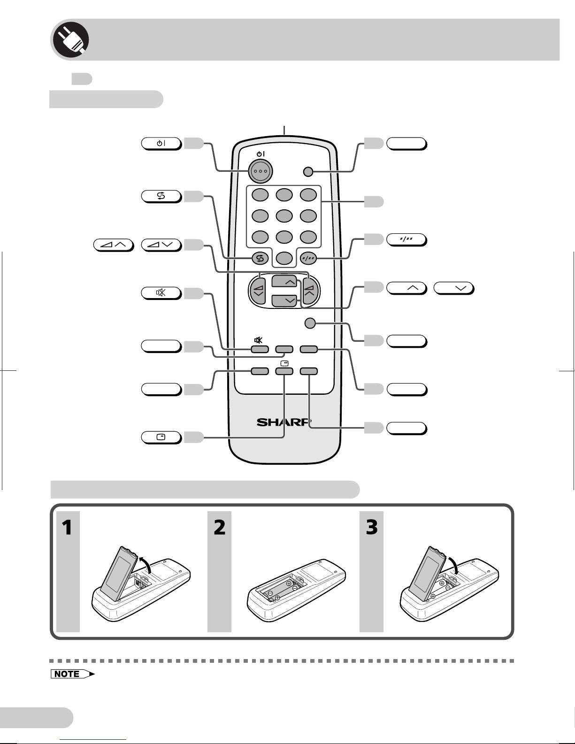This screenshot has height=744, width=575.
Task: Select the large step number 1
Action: (x=68, y=528)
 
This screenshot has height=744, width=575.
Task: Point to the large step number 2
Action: (x=220, y=528)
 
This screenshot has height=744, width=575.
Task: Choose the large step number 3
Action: (x=372, y=528)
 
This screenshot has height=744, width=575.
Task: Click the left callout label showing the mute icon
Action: (x=161, y=293)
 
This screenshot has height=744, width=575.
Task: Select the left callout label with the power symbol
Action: (x=161, y=144)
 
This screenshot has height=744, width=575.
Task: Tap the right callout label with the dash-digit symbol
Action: (x=406, y=240)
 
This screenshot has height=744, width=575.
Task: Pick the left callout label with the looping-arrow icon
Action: (x=161, y=196)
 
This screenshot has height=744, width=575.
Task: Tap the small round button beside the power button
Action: (x=308, y=172)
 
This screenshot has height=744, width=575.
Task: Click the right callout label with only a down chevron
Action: (x=453, y=288)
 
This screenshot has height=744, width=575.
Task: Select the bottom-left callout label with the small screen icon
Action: (x=161, y=437)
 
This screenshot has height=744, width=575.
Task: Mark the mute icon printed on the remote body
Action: (x=258, y=340)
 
